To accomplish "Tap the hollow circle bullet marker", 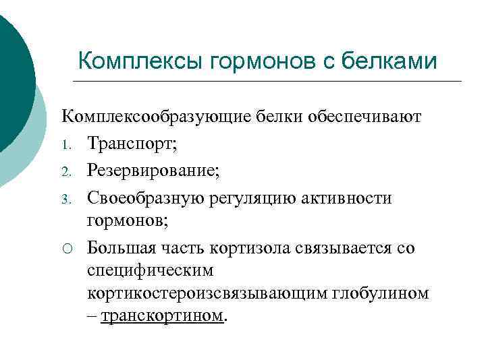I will pyautogui.click(x=67, y=248).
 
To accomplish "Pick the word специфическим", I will pyautogui.click(x=150, y=271).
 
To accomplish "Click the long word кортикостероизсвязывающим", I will pyautogui.click(x=207, y=294).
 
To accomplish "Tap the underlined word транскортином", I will pyautogui.click(x=162, y=316).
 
